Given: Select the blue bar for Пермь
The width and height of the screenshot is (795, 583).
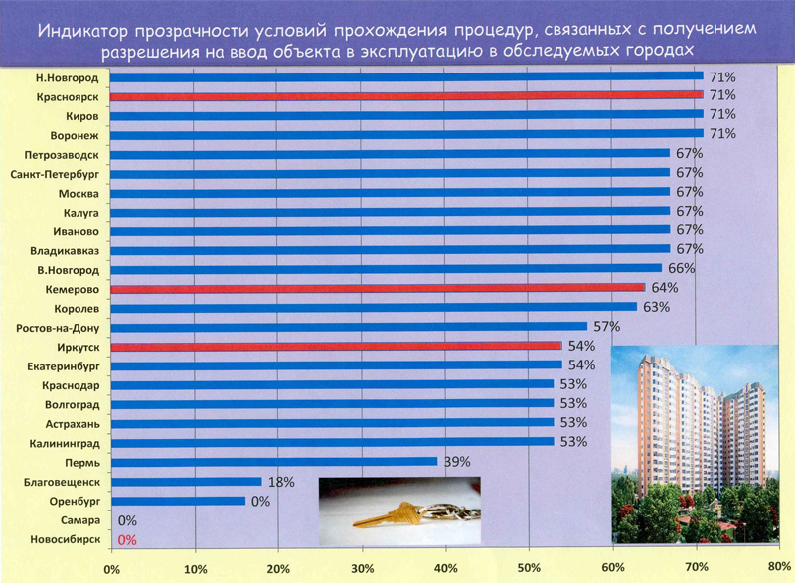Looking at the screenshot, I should [x=273, y=461].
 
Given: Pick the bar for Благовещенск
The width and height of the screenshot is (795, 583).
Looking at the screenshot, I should [x=186, y=481].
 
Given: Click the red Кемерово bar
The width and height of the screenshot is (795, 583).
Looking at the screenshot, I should [x=378, y=288].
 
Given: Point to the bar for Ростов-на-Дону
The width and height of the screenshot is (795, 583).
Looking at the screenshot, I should [x=348, y=327].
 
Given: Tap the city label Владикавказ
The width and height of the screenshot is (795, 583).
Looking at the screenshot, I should [x=65, y=250].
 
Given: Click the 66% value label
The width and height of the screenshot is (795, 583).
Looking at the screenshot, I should [x=681, y=269].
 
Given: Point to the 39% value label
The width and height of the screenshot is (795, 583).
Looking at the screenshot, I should [x=455, y=462].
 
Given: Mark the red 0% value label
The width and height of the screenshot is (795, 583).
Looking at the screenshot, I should [x=126, y=540].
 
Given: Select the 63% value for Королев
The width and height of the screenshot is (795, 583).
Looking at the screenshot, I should [x=656, y=308].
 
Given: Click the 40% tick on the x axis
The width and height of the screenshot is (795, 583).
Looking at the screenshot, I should [x=445, y=569].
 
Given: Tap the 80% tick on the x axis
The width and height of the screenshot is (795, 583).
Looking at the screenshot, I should [x=779, y=567].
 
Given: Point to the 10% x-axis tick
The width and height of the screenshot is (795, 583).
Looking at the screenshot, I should [x=195, y=569].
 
